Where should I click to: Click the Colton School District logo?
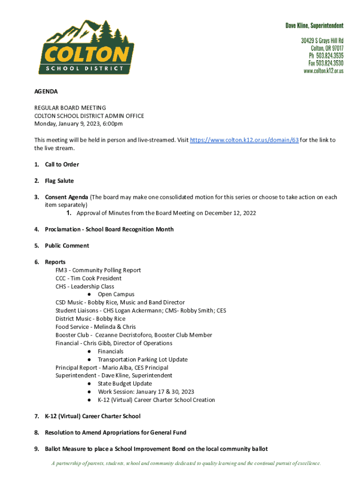coord(86,47)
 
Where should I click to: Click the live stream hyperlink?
coord(244,140)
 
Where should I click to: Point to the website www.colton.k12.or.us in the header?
coord(324,71)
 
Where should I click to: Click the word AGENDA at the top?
coord(46,92)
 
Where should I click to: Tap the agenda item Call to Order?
coord(62,165)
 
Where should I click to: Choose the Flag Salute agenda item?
coord(59,181)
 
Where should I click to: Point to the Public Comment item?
coord(67,246)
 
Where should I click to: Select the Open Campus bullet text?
coord(116,294)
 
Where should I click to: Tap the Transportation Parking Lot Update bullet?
coord(143,359)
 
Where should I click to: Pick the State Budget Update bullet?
coord(124,384)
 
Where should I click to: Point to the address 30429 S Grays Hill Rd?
coord(322,41)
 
